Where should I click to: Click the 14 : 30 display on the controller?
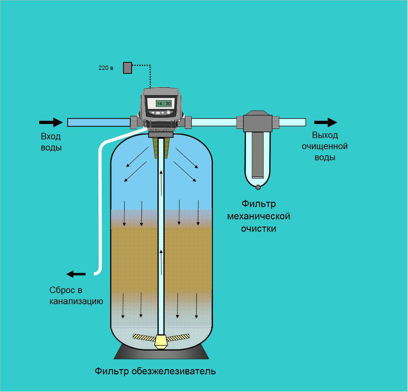(164, 103)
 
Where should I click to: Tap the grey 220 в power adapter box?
(127, 68)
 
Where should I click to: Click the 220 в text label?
(106, 68)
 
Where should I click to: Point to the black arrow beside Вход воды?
(51, 122)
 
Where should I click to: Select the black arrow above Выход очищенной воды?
(325, 122)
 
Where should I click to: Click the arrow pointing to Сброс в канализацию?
(76, 274)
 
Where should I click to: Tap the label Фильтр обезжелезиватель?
(155, 371)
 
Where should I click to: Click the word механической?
(258, 216)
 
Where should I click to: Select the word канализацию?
(76, 301)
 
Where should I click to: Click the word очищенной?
(324, 146)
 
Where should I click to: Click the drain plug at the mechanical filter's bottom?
(258, 187)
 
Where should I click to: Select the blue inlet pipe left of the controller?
(98, 122)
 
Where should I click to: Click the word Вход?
(51, 136)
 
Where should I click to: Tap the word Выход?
(325, 135)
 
